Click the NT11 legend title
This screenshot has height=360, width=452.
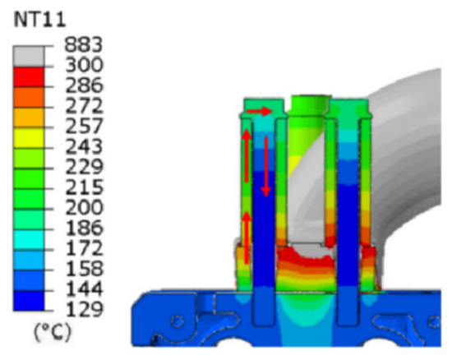pos(39,21)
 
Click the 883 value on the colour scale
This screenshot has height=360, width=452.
pos(83,44)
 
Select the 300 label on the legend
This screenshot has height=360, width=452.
pos(84,65)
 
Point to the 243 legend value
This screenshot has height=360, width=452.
pos(84,146)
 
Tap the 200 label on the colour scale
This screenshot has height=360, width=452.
pos(84,207)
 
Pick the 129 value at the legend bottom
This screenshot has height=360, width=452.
pos(84,309)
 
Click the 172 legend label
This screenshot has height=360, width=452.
pos(84,248)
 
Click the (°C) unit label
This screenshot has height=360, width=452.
pos(52,332)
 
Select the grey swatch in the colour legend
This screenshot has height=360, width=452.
pos(29,56)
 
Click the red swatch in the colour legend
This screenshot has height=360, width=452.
pos(29,76)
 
